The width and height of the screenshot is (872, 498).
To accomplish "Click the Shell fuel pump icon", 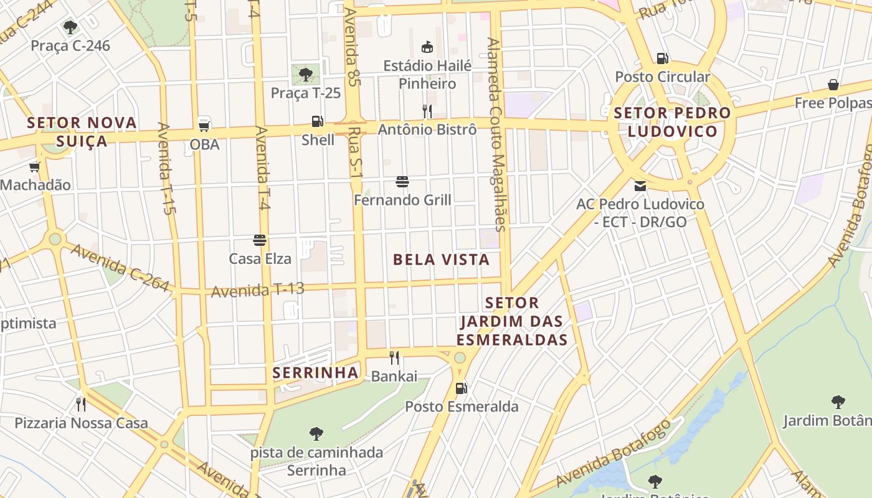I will pos(317,121).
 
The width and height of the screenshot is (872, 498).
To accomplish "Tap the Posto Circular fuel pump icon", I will pos(662,59).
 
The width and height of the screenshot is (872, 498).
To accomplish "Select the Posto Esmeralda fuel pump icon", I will pos(461,388).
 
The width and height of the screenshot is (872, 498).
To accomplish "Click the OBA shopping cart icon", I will pos(204,125).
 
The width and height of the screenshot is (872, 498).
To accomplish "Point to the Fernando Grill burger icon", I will pos(402,182).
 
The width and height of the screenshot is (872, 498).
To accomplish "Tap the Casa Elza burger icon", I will pos(260,240).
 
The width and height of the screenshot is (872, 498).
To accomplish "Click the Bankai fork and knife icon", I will pos(394,357).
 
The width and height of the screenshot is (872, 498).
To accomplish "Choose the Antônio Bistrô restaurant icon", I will pos(427,111).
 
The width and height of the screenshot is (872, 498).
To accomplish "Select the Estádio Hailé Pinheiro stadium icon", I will pos(427,47).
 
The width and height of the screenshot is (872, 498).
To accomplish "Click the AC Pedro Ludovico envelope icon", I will pos(640,186).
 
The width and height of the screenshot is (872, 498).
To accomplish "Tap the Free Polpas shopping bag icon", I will pos(833,85).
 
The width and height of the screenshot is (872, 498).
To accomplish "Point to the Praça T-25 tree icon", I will pos(305,75).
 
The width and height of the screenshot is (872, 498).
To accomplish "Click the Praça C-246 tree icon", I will pos(70,27).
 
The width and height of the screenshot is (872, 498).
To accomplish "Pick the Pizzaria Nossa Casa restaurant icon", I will pos(81,405).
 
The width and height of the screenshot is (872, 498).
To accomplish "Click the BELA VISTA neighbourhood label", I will pos(441,260).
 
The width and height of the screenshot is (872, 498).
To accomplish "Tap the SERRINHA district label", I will pos(316,373).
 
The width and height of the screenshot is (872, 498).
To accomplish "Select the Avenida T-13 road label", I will pos(258,289).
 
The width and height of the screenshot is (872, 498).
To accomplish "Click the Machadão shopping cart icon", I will pos(35,166).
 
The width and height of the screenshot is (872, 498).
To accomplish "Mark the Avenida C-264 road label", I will pos(120,268).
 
